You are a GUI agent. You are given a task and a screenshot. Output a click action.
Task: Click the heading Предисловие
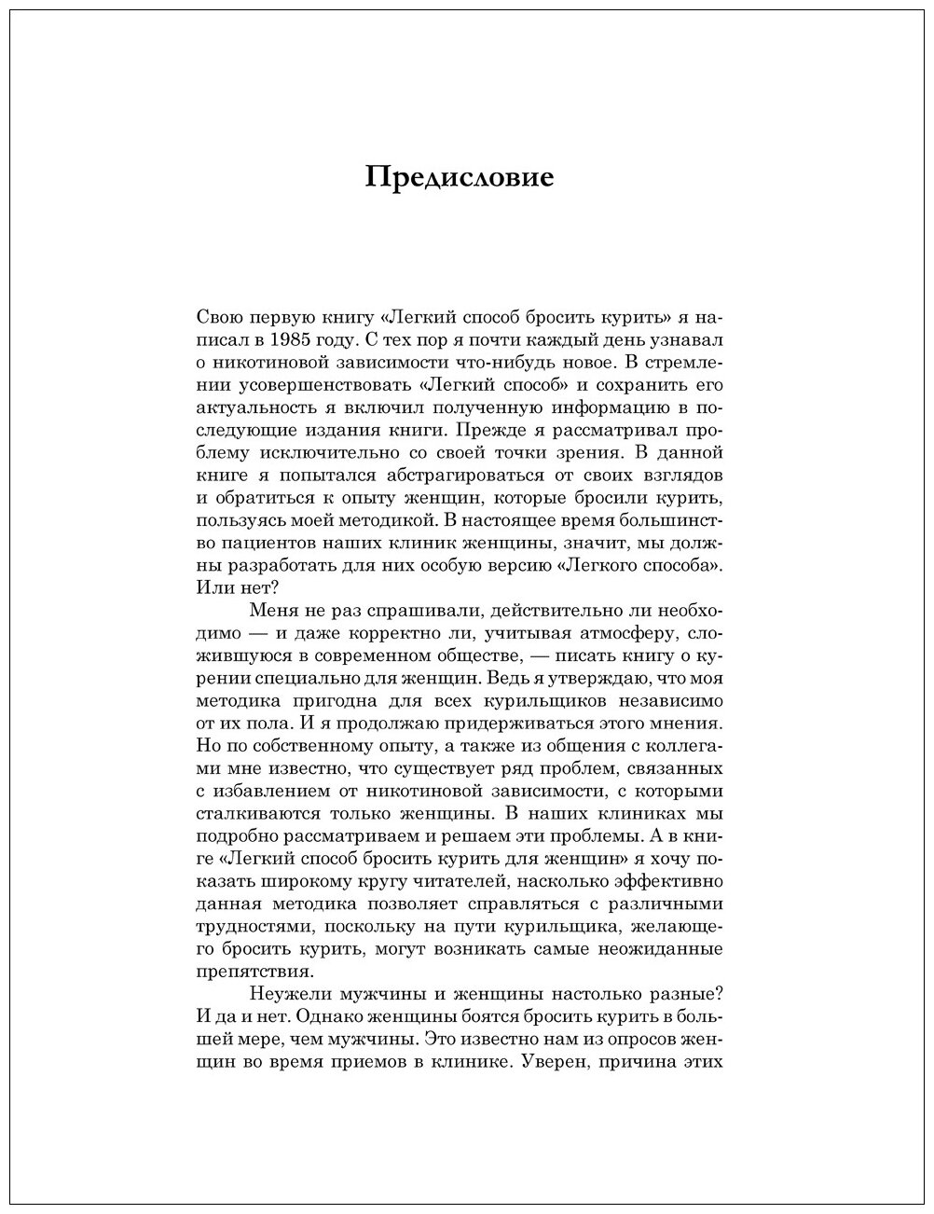460,177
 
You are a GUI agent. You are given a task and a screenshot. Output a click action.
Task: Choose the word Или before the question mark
213,586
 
